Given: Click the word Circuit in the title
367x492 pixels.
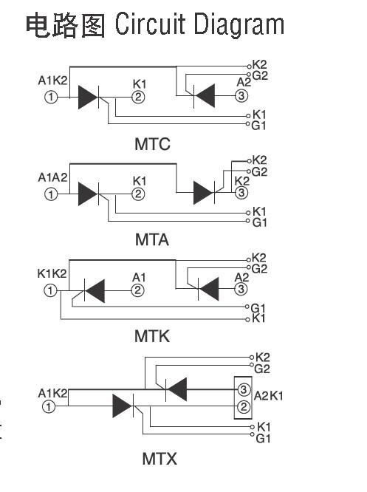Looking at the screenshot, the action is (x=150, y=24).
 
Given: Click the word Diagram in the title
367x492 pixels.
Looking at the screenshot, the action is (x=239, y=26).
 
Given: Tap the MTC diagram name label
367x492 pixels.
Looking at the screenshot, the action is (x=152, y=144).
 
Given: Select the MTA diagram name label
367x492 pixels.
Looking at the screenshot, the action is (x=152, y=240).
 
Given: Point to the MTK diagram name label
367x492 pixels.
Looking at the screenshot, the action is (x=152, y=336).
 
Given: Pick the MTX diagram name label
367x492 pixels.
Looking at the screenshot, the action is (x=160, y=459).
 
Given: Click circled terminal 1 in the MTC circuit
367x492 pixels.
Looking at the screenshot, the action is (x=51, y=97).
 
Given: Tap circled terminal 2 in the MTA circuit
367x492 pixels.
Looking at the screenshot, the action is (x=138, y=194).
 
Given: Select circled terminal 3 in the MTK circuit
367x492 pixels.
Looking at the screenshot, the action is (x=241, y=289).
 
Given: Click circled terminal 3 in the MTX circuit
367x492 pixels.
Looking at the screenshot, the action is (x=244, y=390).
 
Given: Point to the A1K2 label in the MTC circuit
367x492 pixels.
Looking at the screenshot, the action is (x=52, y=81).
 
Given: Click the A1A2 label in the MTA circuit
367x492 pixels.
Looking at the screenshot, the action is (x=52, y=177).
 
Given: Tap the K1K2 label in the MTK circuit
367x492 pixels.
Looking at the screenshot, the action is (x=52, y=273).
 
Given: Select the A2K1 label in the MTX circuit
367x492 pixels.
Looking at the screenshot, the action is (x=269, y=396).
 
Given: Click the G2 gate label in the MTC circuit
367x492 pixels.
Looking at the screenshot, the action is (x=260, y=76).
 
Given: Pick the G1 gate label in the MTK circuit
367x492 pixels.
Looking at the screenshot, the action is (x=258, y=308).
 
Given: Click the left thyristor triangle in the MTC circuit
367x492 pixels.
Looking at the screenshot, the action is (x=88, y=98).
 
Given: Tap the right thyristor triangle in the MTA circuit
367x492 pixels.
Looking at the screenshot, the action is (x=204, y=193).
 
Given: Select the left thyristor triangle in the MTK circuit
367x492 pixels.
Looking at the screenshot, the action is (x=95, y=291).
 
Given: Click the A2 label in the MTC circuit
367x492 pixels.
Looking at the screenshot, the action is (x=244, y=83).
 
